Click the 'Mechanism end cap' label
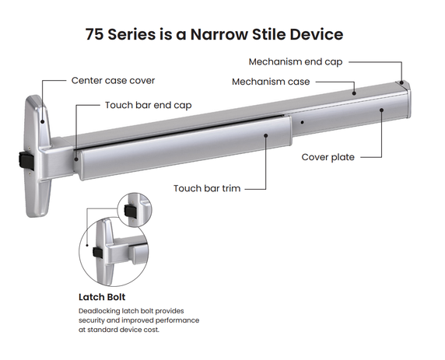[x=296, y=62]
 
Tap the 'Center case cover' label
[x=113, y=81]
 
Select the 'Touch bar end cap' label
[x=148, y=105]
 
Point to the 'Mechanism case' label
[x=271, y=82]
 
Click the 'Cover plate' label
[x=328, y=157]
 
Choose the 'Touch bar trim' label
[x=207, y=188]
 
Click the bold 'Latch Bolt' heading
[x=102, y=297]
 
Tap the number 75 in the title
[x=94, y=34]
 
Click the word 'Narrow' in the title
[x=219, y=34]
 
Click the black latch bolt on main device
[x=26, y=160]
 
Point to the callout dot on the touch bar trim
[x=266, y=135]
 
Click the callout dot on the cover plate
[x=382, y=110]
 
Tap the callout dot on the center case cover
[x=43, y=122]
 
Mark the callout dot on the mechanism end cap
[x=401, y=83]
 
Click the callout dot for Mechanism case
[x=354, y=93]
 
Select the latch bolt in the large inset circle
[x=97, y=253]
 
